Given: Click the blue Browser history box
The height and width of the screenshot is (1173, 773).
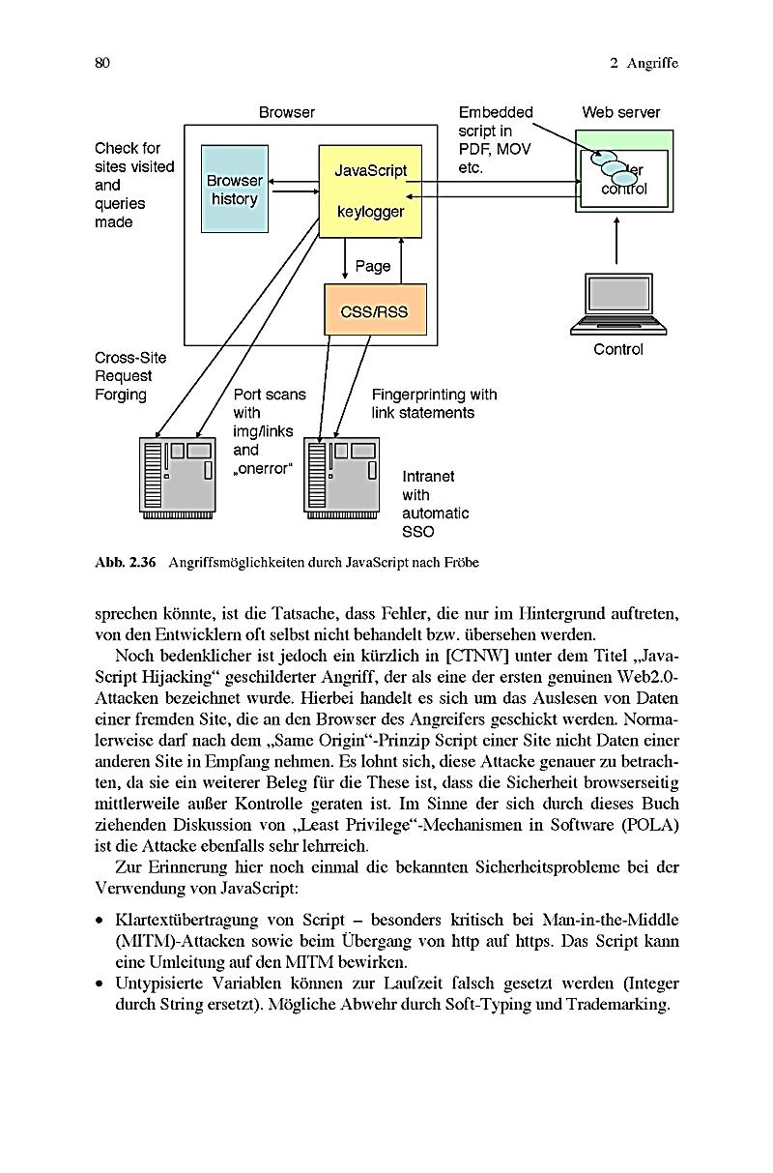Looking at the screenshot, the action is (235, 189).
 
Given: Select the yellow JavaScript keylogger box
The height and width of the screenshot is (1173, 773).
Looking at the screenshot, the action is (370, 191).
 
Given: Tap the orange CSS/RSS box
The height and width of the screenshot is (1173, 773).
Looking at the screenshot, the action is (375, 309).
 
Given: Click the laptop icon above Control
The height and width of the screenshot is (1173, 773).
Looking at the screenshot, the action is (618, 305).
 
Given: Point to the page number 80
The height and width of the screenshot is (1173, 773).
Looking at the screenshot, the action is (102, 63).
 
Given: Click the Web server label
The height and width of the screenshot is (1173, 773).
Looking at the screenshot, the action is (620, 112).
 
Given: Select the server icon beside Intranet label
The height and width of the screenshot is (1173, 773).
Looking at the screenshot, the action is (341, 478).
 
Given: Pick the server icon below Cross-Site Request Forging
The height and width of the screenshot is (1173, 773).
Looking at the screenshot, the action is (178, 478).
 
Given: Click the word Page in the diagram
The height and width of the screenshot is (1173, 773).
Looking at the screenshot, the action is (373, 266).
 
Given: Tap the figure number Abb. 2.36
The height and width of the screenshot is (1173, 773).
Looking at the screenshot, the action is (125, 563).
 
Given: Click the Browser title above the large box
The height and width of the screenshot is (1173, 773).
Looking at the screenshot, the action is (287, 112).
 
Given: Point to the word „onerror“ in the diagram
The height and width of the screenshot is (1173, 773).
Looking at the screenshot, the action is (262, 468).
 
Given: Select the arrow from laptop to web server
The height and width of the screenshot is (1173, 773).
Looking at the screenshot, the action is (616, 241).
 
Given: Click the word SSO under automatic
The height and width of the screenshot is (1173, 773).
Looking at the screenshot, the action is (418, 532).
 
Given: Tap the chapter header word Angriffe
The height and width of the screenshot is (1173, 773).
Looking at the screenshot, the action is (652, 64).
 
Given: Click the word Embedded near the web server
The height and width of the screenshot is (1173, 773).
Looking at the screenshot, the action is (496, 112).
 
